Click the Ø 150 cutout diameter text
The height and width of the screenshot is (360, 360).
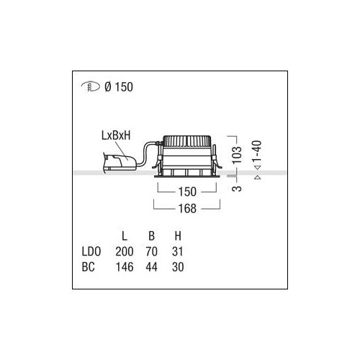[119, 87]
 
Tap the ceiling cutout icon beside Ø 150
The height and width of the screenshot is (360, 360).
[91, 87]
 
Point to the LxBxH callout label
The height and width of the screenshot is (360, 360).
[116, 135]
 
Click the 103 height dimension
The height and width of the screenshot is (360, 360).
[237, 155]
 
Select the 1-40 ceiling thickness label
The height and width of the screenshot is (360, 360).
[257, 153]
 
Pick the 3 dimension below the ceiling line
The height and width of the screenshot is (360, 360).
[237, 188]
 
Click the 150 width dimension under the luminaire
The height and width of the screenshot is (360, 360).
[187, 192]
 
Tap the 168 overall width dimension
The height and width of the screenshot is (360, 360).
[187, 208]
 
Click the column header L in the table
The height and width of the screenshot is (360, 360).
[125, 236]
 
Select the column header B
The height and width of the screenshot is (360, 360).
[151, 236]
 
